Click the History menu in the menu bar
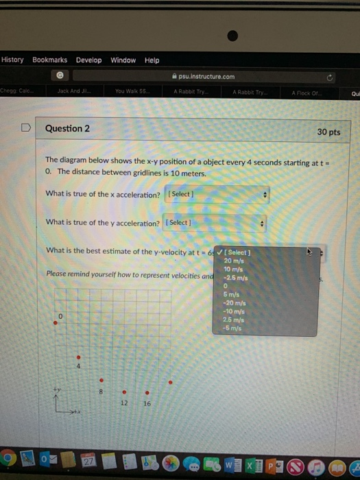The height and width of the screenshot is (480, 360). [x=12, y=60]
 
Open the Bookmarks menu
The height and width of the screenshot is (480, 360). [x=49, y=60]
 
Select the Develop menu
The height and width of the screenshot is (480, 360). [x=88, y=60]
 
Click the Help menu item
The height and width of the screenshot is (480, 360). [x=152, y=60]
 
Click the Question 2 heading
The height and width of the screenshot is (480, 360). [x=67, y=128]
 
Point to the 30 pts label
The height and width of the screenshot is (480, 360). [x=328, y=132]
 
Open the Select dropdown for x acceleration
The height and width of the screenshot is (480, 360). [x=217, y=195]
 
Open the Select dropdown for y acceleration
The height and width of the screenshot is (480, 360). [x=214, y=223]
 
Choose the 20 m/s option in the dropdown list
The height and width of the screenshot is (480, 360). [x=234, y=261]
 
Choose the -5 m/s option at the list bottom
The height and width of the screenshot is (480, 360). [x=232, y=327]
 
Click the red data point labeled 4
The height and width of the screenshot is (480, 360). [x=78, y=357]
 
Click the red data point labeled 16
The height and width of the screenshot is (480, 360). [x=147, y=393]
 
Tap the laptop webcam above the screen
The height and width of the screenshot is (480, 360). [x=232, y=36]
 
